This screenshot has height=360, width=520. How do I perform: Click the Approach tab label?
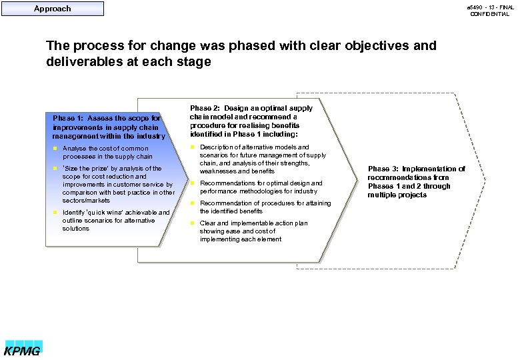[x=52, y=9]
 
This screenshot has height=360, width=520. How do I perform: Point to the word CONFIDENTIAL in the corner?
[x=489, y=14]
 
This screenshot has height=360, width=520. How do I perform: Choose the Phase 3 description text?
[x=416, y=182]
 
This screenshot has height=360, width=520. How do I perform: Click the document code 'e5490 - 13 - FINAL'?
[x=489, y=6]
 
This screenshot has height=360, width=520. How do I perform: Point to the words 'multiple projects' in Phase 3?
[x=397, y=195]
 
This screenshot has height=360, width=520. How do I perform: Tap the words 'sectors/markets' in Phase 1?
[x=86, y=201]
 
